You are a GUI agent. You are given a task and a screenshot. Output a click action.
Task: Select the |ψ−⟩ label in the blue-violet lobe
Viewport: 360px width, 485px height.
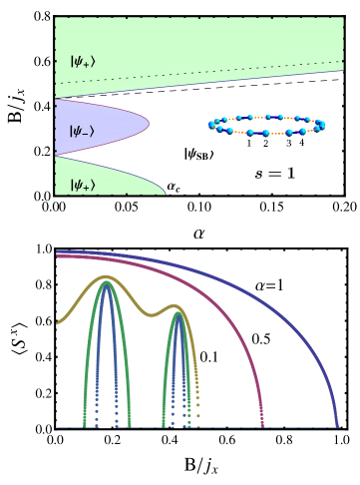pos(83,131)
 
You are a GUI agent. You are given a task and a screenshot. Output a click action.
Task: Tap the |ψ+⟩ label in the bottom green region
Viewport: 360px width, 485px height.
pos(83,185)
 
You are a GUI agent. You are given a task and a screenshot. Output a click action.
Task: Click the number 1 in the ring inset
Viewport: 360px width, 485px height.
pos(249,144)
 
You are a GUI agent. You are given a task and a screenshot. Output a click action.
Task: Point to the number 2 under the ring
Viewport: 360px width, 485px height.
pos(265,144)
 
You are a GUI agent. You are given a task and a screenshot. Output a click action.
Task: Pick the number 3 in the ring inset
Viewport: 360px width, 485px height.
pos(289,144)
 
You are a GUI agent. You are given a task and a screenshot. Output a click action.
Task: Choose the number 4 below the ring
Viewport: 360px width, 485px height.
pos(301,144)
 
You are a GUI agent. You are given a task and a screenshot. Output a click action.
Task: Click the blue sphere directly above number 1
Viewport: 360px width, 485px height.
pos(249,132)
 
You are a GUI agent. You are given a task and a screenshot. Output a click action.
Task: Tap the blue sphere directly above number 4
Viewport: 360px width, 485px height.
pos(302,132)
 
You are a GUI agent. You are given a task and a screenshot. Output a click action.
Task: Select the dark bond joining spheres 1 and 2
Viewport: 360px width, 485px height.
pos(257,133)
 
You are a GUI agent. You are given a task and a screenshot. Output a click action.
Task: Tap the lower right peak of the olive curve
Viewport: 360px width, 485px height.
pos(175,305)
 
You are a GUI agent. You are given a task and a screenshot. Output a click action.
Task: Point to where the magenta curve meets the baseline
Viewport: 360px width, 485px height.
pos(262,427)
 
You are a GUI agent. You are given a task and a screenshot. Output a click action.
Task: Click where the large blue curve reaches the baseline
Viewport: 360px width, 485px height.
pos(338,427)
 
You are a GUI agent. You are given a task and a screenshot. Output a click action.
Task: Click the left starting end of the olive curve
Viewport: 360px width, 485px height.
pos(59,322)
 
